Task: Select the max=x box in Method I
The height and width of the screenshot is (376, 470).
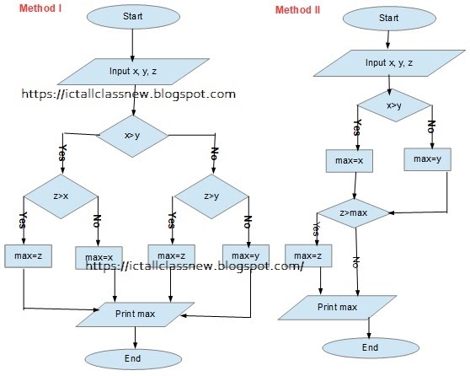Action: (x=99, y=256)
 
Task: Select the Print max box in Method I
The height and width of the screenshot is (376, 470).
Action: (x=135, y=314)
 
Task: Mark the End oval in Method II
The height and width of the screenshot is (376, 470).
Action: (x=363, y=346)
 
